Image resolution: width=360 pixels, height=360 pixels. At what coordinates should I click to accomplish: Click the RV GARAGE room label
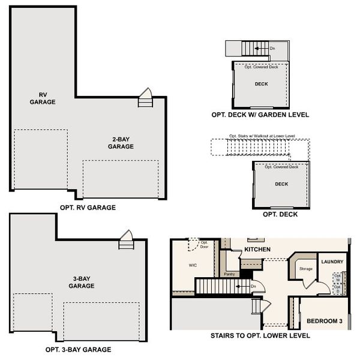click(x=43, y=98)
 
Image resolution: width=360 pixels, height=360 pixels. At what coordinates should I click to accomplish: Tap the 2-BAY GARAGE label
click(x=121, y=142)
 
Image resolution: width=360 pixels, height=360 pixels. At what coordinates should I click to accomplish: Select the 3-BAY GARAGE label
click(x=81, y=282)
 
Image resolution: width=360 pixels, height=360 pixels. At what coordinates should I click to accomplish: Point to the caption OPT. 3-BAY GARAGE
click(x=78, y=349)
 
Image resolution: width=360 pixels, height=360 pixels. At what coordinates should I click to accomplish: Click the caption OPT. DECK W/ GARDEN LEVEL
click(x=260, y=114)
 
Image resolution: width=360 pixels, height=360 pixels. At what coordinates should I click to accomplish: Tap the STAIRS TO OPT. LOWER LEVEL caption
click(x=260, y=336)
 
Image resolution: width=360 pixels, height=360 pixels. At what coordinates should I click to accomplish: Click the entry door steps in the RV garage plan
click(x=146, y=99)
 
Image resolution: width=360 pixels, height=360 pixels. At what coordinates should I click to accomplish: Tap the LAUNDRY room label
click(x=332, y=262)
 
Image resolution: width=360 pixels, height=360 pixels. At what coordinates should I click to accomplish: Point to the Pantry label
click(x=229, y=274)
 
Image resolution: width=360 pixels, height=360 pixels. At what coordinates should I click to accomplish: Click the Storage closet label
click(x=305, y=269)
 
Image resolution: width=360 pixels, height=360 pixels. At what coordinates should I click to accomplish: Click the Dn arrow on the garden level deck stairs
click(x=269, y=48)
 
